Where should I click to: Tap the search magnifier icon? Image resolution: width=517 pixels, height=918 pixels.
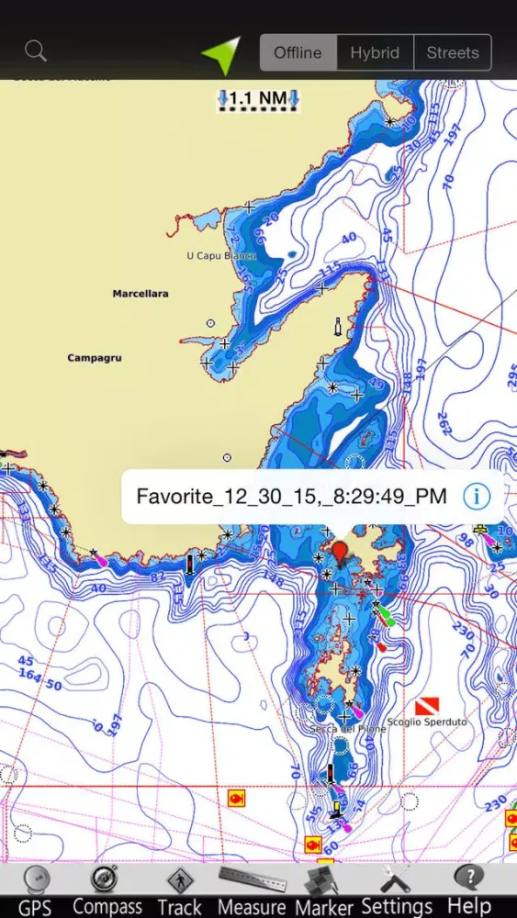tap(36, 51)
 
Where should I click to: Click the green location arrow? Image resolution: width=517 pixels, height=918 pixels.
tap(222, 54)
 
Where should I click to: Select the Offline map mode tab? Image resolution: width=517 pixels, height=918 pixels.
tap(298, 52)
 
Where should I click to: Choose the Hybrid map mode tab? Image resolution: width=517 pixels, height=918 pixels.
tap(375, 52)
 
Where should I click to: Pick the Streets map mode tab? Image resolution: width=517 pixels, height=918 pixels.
tap(453, 52)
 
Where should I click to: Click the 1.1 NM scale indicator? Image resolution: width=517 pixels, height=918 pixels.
tap(259, 99)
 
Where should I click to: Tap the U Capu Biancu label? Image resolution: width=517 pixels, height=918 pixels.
tap(221, 255)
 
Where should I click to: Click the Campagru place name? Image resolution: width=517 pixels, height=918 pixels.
tap(95, 358)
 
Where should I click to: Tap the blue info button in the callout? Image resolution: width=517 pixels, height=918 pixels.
tap(476, 497)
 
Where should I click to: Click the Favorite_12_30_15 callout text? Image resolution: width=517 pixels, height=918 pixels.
tap(291, 497)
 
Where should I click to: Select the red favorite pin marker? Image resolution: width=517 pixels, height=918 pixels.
tap(340, 552)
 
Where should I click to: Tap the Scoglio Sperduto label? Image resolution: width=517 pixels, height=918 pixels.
tap(426, 722)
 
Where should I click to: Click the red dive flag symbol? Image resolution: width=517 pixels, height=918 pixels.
tap(427, 705)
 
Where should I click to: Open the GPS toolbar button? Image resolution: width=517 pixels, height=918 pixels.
tap(36, 890)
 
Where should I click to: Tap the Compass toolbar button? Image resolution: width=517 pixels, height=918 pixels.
tap(107, 890)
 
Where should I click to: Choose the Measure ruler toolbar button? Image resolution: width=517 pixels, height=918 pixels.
tap(251, 890)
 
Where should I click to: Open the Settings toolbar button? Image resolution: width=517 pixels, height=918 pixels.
tap(397, 890)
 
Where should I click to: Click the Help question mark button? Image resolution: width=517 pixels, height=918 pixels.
tap(469, 890)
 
